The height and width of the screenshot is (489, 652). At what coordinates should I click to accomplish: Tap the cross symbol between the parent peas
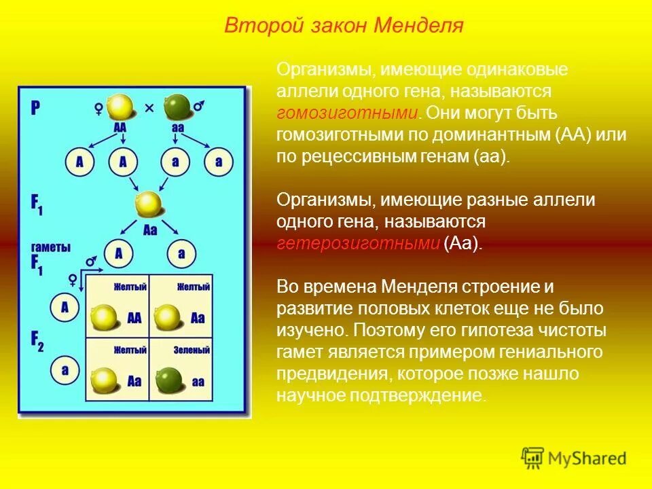(x=149, y=108)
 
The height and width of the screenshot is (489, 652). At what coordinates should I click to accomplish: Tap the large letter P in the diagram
(x=35, y=108)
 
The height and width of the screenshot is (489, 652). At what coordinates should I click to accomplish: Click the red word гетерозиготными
(x=358, y=244)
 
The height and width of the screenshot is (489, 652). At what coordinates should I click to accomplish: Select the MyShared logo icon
(x=532, y=458)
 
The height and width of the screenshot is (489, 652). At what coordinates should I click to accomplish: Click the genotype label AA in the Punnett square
(x=134, y=318)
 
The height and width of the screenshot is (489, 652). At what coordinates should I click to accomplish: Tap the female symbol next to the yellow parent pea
(x=98, y=107)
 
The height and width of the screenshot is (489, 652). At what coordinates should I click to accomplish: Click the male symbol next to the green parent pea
(x=200, y=107)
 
